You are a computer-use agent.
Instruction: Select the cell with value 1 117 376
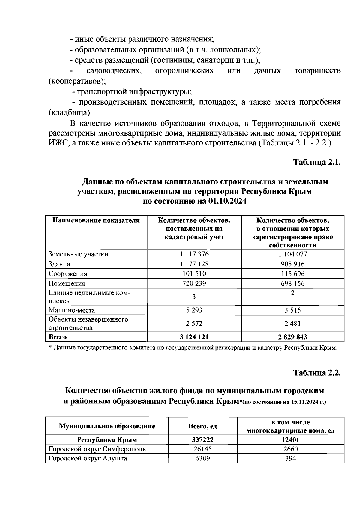click(194, 254)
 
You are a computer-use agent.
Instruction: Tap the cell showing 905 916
click(292, 264)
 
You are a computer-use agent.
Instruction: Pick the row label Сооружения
click(68, 274)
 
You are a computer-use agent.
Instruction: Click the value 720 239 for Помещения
click(194, 283)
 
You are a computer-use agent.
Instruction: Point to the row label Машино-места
click(72, 310)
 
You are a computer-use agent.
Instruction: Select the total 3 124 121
click(194, 337)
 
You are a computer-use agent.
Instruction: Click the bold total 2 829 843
click(292, 337)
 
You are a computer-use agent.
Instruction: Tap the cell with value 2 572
click(194, 323)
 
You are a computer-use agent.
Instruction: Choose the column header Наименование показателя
click(96, 220)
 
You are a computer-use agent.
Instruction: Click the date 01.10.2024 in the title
click(227, 201)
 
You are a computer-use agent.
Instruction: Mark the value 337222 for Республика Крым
click(202, 440)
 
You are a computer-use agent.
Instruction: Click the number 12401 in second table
click(290, 440)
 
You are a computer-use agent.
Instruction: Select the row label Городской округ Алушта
click(88, 458)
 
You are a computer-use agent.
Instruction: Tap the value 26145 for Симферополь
click(202, 449)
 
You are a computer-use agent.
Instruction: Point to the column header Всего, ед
click(202, 426)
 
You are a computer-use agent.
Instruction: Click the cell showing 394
click(290, 458)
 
